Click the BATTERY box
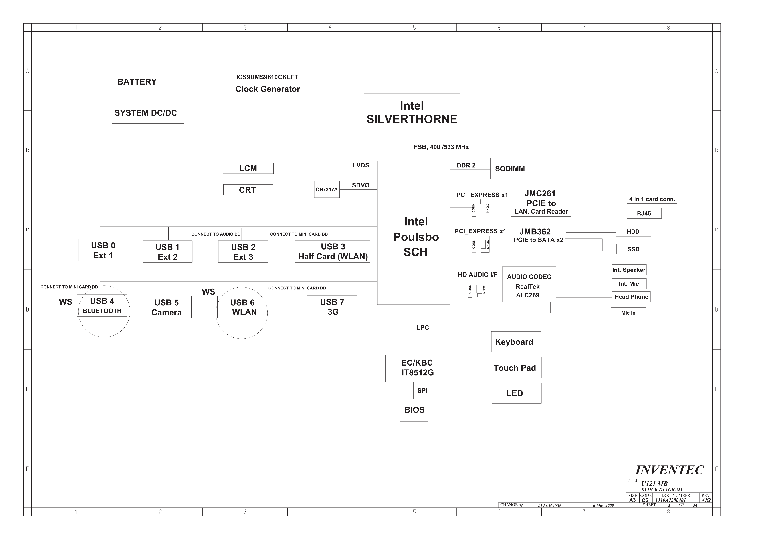tap(137, 82)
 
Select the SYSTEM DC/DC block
tap(148, 113)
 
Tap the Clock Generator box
tap(268, 84)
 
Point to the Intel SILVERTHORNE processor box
tap(412, 112)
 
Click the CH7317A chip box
tap(327, 189)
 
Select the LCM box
tap(248, 168)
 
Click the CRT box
tap(248, 190)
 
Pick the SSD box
tap(634, 249)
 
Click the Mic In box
tap(628, 313)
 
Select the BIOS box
tap(414, 411)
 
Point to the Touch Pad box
tap(516, 368)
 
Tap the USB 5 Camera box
tap(166, 307)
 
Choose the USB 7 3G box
tap(332, 307)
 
